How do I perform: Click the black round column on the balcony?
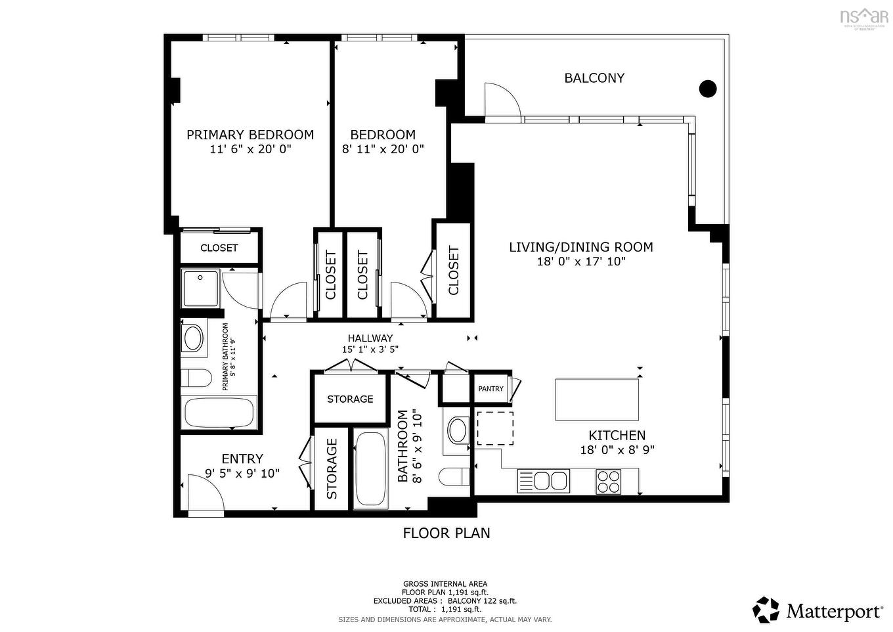pos(707,88)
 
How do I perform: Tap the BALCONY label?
pos(594,78)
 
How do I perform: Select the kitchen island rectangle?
pos(597,399)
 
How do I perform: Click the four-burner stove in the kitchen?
pos(608,482)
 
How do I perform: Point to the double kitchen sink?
pos(543,481)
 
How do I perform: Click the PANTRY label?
pos(490,389)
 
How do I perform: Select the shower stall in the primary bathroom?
pos(200,288)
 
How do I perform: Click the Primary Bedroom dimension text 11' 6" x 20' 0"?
pos(250,150)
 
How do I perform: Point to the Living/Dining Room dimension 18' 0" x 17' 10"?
pos(581,261)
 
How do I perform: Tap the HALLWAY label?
pos(370,338)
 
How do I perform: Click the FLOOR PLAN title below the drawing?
pos(446,533)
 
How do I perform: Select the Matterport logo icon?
pos(766,610)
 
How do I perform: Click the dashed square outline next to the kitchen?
pos(494,428)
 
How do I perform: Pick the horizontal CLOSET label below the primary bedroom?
pos(219,248)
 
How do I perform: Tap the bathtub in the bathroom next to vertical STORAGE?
pos(371,468)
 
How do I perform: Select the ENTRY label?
pos(242,459)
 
